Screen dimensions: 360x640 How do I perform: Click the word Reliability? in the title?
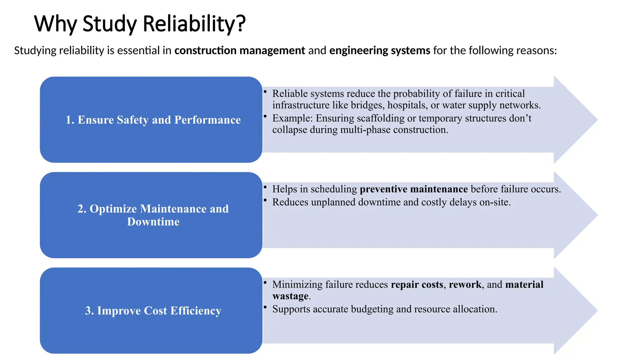[194, 24]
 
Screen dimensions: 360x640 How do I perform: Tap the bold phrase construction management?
[240, 50]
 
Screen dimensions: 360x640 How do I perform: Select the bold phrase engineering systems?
[380, 50]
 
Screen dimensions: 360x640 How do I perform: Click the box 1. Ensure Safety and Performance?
[151, 120]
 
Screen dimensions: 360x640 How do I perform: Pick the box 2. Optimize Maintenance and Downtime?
[151, 215]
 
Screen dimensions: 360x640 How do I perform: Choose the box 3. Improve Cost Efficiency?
[151, 311]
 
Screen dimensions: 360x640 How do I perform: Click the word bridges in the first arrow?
[367, 105]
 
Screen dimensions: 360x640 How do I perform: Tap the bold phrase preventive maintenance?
[414, 189]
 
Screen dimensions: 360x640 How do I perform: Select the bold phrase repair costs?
[417, 284]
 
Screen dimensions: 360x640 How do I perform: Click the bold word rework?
[465, 284]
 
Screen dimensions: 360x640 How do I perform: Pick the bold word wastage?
[290, 296]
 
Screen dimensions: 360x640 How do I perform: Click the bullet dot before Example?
[265, 116]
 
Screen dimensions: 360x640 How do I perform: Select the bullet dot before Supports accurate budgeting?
[265, 307]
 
